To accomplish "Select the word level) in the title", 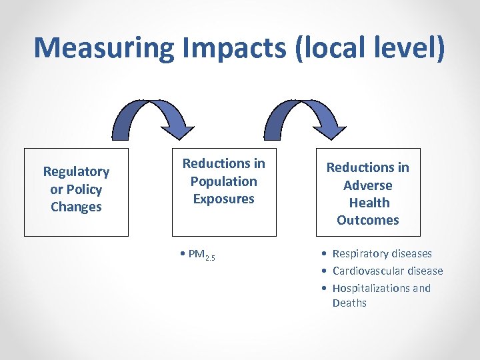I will (x=409, y=48).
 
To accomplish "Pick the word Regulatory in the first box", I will (x=76, y=172).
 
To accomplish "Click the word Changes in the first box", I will (x=76, y=207).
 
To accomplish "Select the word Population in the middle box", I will (x=223, y=181).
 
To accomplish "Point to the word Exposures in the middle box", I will (x=223, y=199).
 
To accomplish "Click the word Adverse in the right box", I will (x=367, y=185).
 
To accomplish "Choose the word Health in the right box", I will (x=367, y=203).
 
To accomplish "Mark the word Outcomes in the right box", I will (x=367, y=220).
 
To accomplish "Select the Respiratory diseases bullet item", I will (x=381, y=253).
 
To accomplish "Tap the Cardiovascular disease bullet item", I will (x=387, y=271).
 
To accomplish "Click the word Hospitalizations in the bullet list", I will (x=373, y=288).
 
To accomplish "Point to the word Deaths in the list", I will (x=349, y=303).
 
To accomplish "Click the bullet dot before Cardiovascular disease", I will (x=323, y=271).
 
